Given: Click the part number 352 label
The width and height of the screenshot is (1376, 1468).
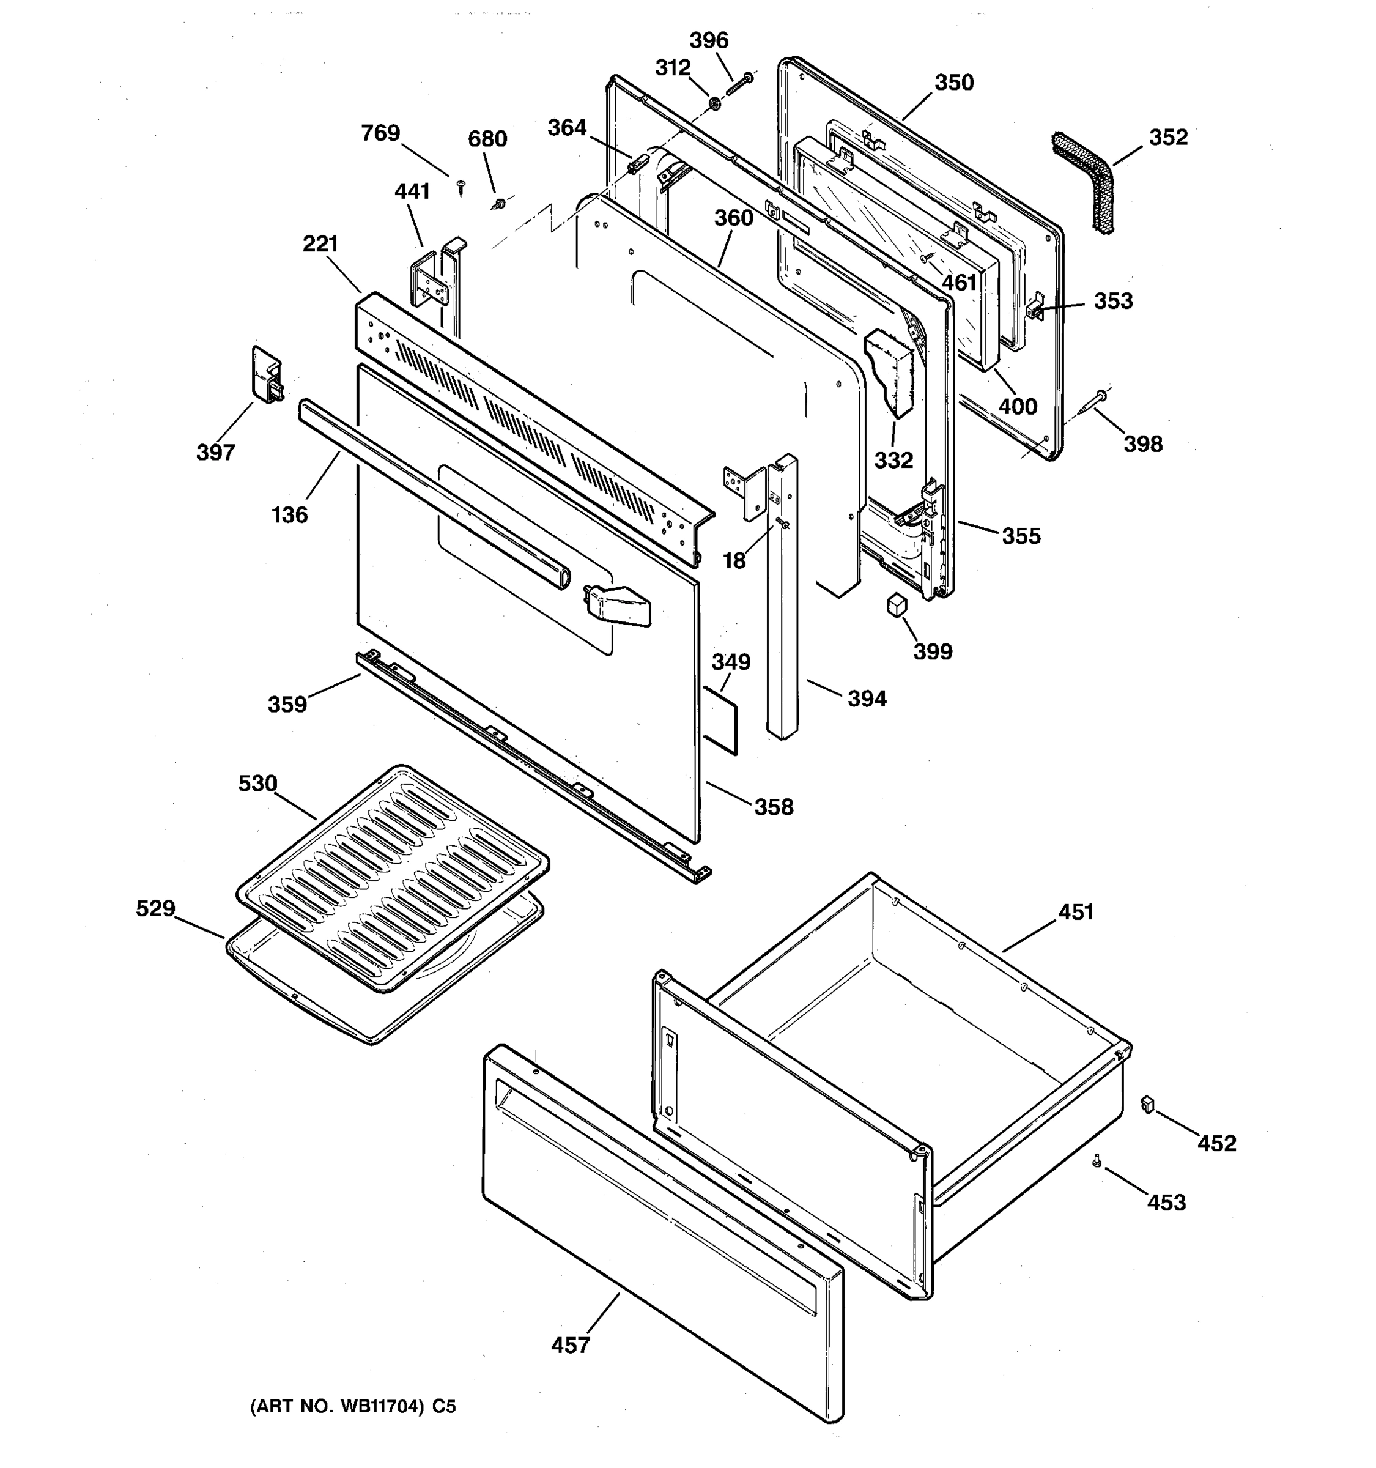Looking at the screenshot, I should [x=1168, y=138].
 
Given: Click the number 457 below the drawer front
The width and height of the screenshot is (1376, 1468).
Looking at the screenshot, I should [x=571, y=1346].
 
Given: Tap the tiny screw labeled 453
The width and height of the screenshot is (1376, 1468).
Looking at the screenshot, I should [x=1097, y=1162].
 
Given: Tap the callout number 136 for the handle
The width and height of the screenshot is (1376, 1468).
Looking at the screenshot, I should [x=289, y=514].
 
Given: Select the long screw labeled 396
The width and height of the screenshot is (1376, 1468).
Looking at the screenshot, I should [x=738, y=84].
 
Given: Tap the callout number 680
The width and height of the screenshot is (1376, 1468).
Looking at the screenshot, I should [x=487, y=139].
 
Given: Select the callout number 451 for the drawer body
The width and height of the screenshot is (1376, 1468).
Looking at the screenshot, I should [x=1076, y=912].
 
